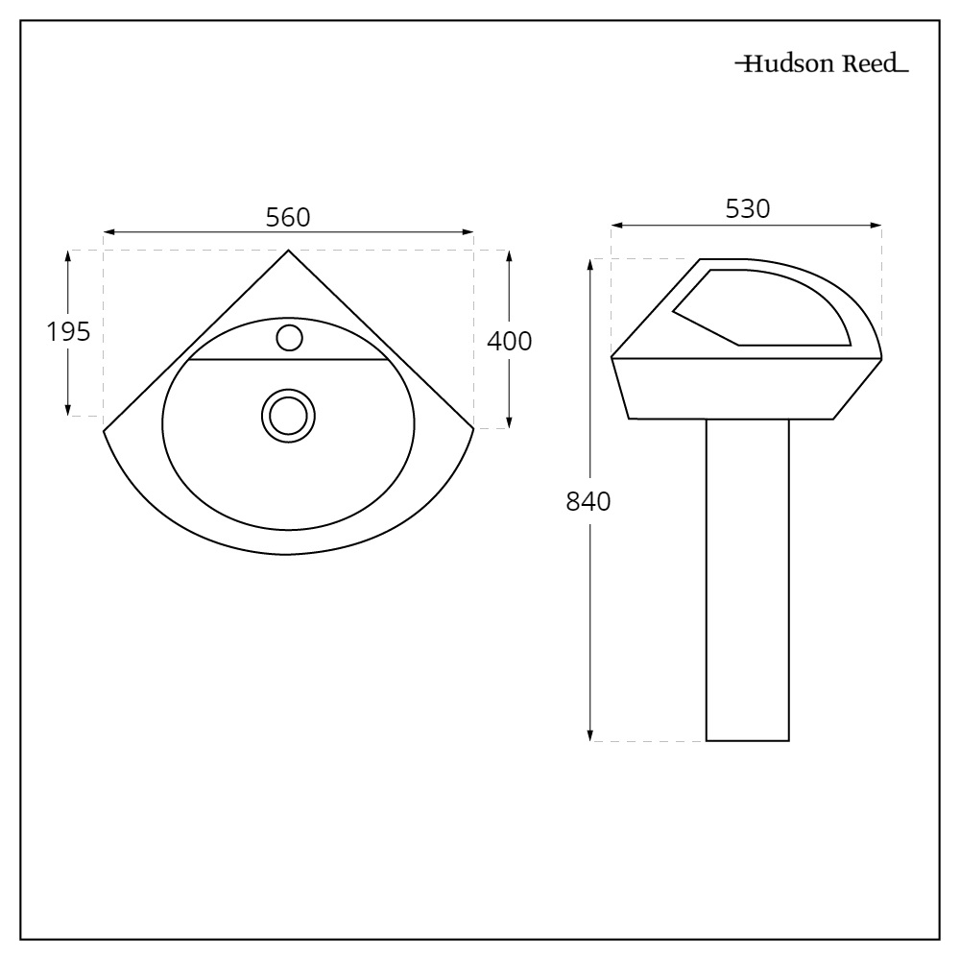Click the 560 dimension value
[x=288, y=218]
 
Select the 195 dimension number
[x=68, y=331]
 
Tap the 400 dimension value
[x=509, y=341]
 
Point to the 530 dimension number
[x=747, y=209]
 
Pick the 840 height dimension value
[x=588, y=501]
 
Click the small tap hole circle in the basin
[x=289, y=337]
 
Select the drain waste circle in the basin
[x=289, y=415]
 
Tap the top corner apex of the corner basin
[x=289, y=251]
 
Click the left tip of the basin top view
[x=105, y=429]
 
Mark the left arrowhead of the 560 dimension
[x=108, y=232]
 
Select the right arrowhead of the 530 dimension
[x=877, y=226]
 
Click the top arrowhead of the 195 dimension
[x=68, y=254]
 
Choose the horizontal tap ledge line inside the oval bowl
[x=288, y=360]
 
